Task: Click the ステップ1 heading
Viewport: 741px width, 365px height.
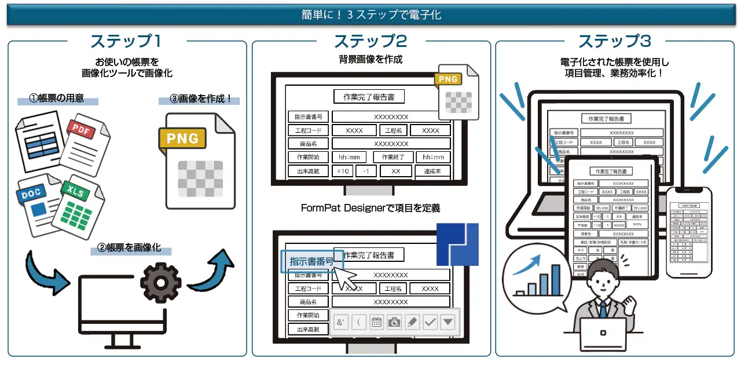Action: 125,42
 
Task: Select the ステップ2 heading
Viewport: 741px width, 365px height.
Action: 370,42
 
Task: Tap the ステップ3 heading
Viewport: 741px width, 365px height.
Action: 614,42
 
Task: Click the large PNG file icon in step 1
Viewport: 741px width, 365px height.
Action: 200,160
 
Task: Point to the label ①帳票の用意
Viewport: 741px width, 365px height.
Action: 57,98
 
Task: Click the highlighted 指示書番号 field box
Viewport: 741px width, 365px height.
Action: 311,261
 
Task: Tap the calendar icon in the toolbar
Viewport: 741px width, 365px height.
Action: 377,322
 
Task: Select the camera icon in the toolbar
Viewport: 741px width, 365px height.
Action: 394,322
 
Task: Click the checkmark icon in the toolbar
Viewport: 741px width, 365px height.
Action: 430,322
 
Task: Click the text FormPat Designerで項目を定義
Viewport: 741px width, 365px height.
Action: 370,207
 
